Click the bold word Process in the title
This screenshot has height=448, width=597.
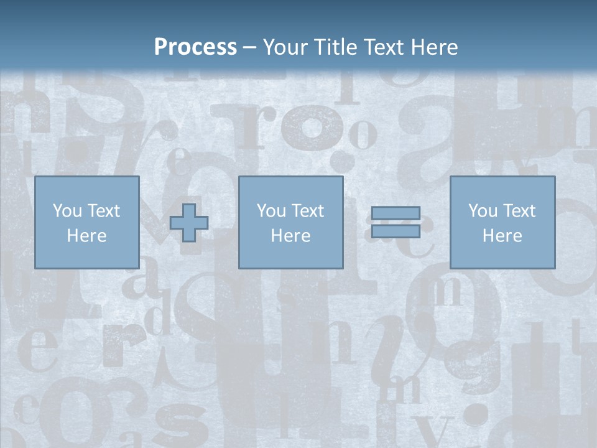pos(195,47)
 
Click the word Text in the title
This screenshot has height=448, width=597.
pos(382,47)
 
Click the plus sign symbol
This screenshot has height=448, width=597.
pos(189,223)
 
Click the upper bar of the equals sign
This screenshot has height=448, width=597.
pos(396,213)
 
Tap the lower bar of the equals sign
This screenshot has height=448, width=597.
pos(396,231)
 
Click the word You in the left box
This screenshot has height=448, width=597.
pos(67,211)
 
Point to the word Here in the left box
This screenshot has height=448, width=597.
pos(86,236)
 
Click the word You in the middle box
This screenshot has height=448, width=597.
pos(271,211)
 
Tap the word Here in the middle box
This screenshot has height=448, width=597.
pos(290,236)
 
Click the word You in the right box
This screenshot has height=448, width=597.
pos(483,211)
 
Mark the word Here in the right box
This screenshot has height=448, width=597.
pos(502,236)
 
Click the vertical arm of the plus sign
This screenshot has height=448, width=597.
pos(189,210)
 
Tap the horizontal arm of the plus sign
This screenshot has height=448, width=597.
pos(176,223)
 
